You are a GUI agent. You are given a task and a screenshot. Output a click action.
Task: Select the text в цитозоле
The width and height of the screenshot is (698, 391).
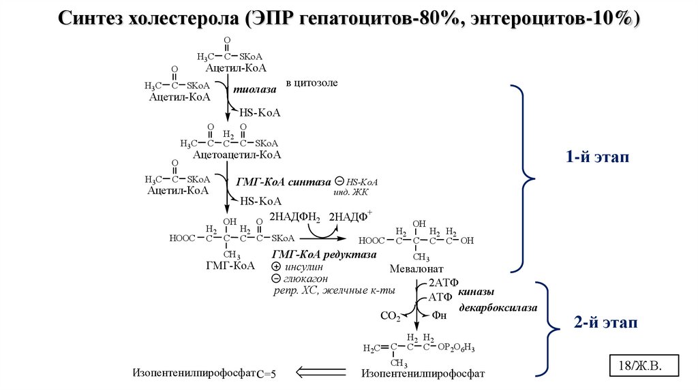click(312, 82)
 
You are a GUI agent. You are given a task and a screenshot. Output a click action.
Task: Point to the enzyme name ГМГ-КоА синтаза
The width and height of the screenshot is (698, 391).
click(282, 183)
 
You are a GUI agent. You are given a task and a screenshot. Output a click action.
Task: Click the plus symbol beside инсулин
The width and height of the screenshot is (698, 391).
click(275, 267)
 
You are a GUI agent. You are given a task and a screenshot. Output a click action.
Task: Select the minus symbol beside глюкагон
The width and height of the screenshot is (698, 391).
click(275, 279)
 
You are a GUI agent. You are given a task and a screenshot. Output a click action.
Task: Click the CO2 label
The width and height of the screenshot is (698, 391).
click(389, 316)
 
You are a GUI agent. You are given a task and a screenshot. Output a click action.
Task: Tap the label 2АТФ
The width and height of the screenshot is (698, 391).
click(442, 282)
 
